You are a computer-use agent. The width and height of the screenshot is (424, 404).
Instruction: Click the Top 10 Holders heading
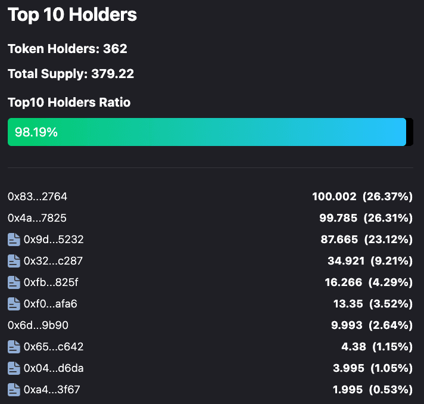[72, 15]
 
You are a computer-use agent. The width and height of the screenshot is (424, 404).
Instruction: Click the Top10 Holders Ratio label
[69, 102]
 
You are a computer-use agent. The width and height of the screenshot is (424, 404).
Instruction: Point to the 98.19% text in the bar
[36, 132]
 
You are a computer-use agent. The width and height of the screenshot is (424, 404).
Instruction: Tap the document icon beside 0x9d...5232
[14, 240]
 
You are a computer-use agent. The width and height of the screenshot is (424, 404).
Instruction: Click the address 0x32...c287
[54, 261]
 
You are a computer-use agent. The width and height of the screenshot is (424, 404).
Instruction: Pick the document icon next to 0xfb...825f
[14, 282]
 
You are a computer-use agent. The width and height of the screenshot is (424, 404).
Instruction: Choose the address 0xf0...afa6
[51, 304]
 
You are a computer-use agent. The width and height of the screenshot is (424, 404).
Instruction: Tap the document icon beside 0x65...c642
[14, 347]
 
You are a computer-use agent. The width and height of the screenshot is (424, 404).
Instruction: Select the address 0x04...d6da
[54, 368]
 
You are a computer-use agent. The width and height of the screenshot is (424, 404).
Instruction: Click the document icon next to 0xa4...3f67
[14, 390]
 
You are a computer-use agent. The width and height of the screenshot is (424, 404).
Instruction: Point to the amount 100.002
[334, 197]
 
